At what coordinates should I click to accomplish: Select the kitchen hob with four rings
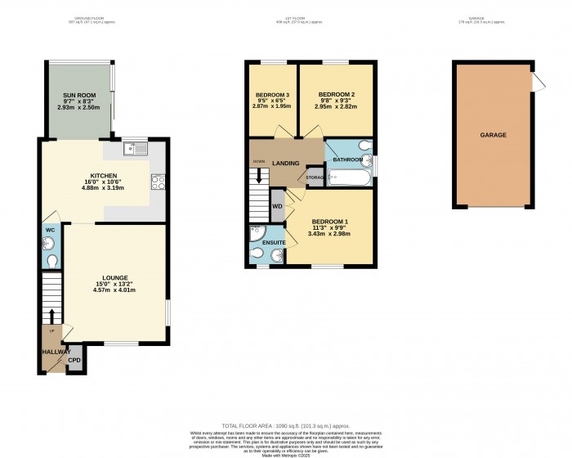coord(157,182)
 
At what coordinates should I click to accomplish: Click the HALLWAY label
coord(55,352)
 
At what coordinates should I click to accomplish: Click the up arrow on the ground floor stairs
coord(51,316)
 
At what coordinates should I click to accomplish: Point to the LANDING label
coord(285,164)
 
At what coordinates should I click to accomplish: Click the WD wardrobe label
coord(277,206)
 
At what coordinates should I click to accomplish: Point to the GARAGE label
coord(493,135)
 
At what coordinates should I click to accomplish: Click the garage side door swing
coord(537,83)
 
